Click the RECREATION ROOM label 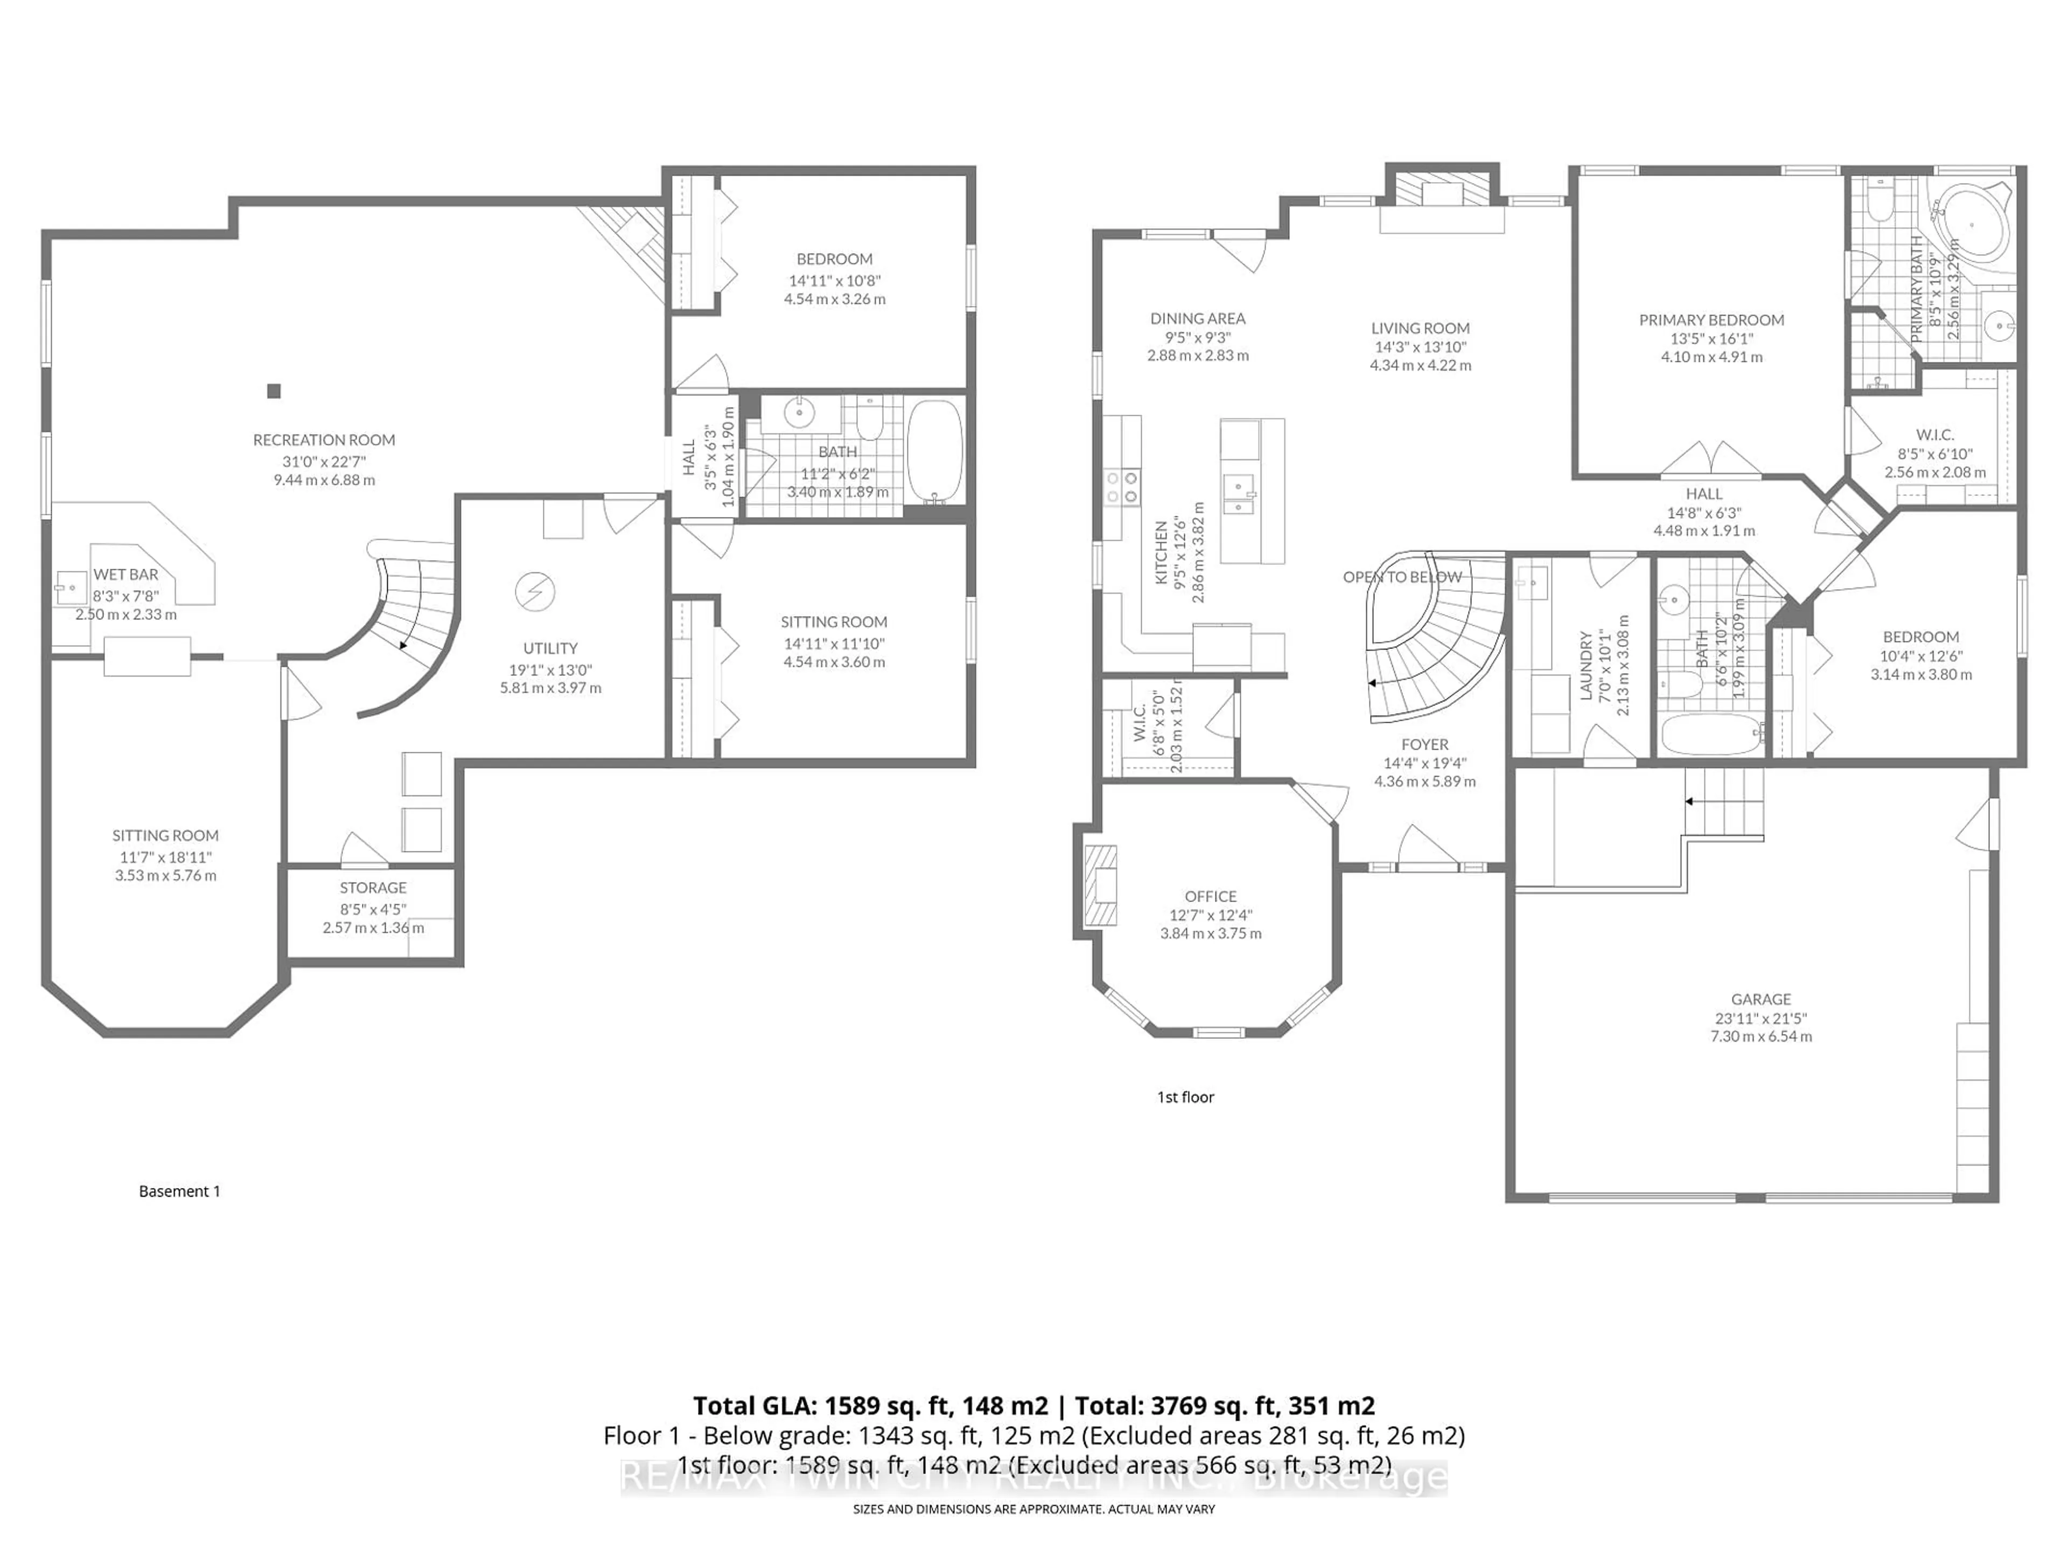point(324,439)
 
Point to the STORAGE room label point(373,887)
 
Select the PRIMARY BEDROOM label point(1711,320)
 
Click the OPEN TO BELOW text point(1402,577)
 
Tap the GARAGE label point(1760,1000)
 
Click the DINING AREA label point(1198,319)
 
